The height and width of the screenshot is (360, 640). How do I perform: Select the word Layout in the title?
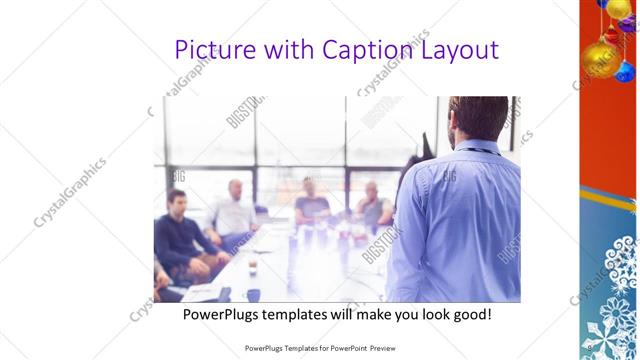point(455,50)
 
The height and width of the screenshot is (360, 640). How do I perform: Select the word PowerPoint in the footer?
point(345,348)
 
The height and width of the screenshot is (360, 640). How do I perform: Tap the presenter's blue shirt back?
point(460,220)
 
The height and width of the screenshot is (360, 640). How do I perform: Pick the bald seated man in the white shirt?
point(235,210)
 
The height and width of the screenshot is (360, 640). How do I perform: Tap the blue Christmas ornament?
point(625,70)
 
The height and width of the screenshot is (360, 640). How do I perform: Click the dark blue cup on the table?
point(253,294)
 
